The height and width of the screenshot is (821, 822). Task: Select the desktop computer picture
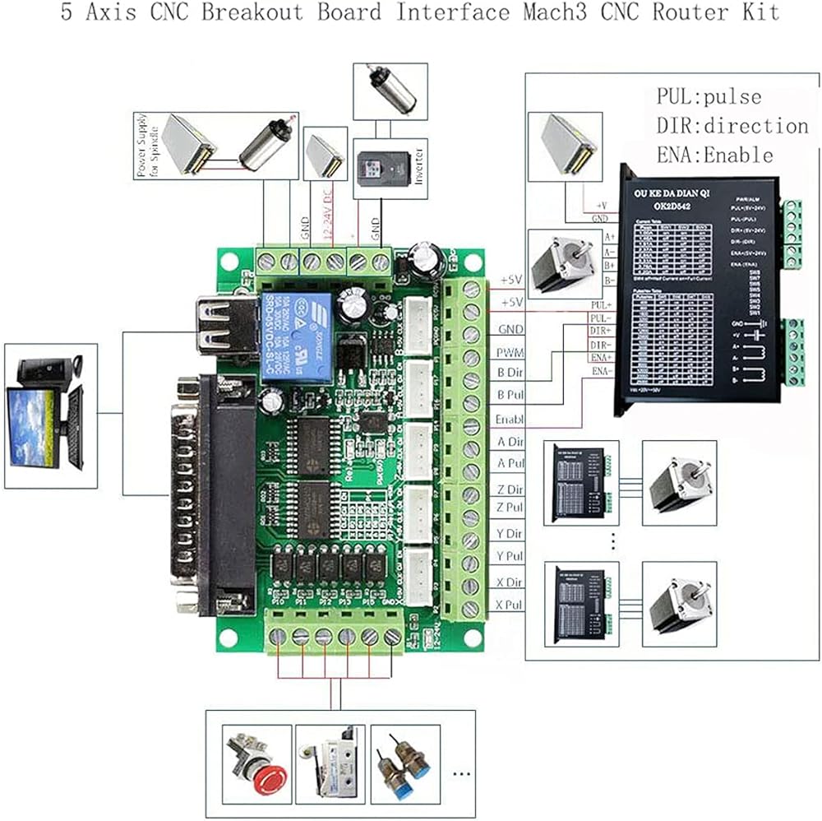(45, 415)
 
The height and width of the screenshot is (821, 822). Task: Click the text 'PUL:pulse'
(708, 97)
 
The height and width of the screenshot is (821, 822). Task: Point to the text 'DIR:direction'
(732, 126)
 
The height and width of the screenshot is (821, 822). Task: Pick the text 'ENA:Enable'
(714, 155)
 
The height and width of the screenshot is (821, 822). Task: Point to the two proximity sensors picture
(404, 763)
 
